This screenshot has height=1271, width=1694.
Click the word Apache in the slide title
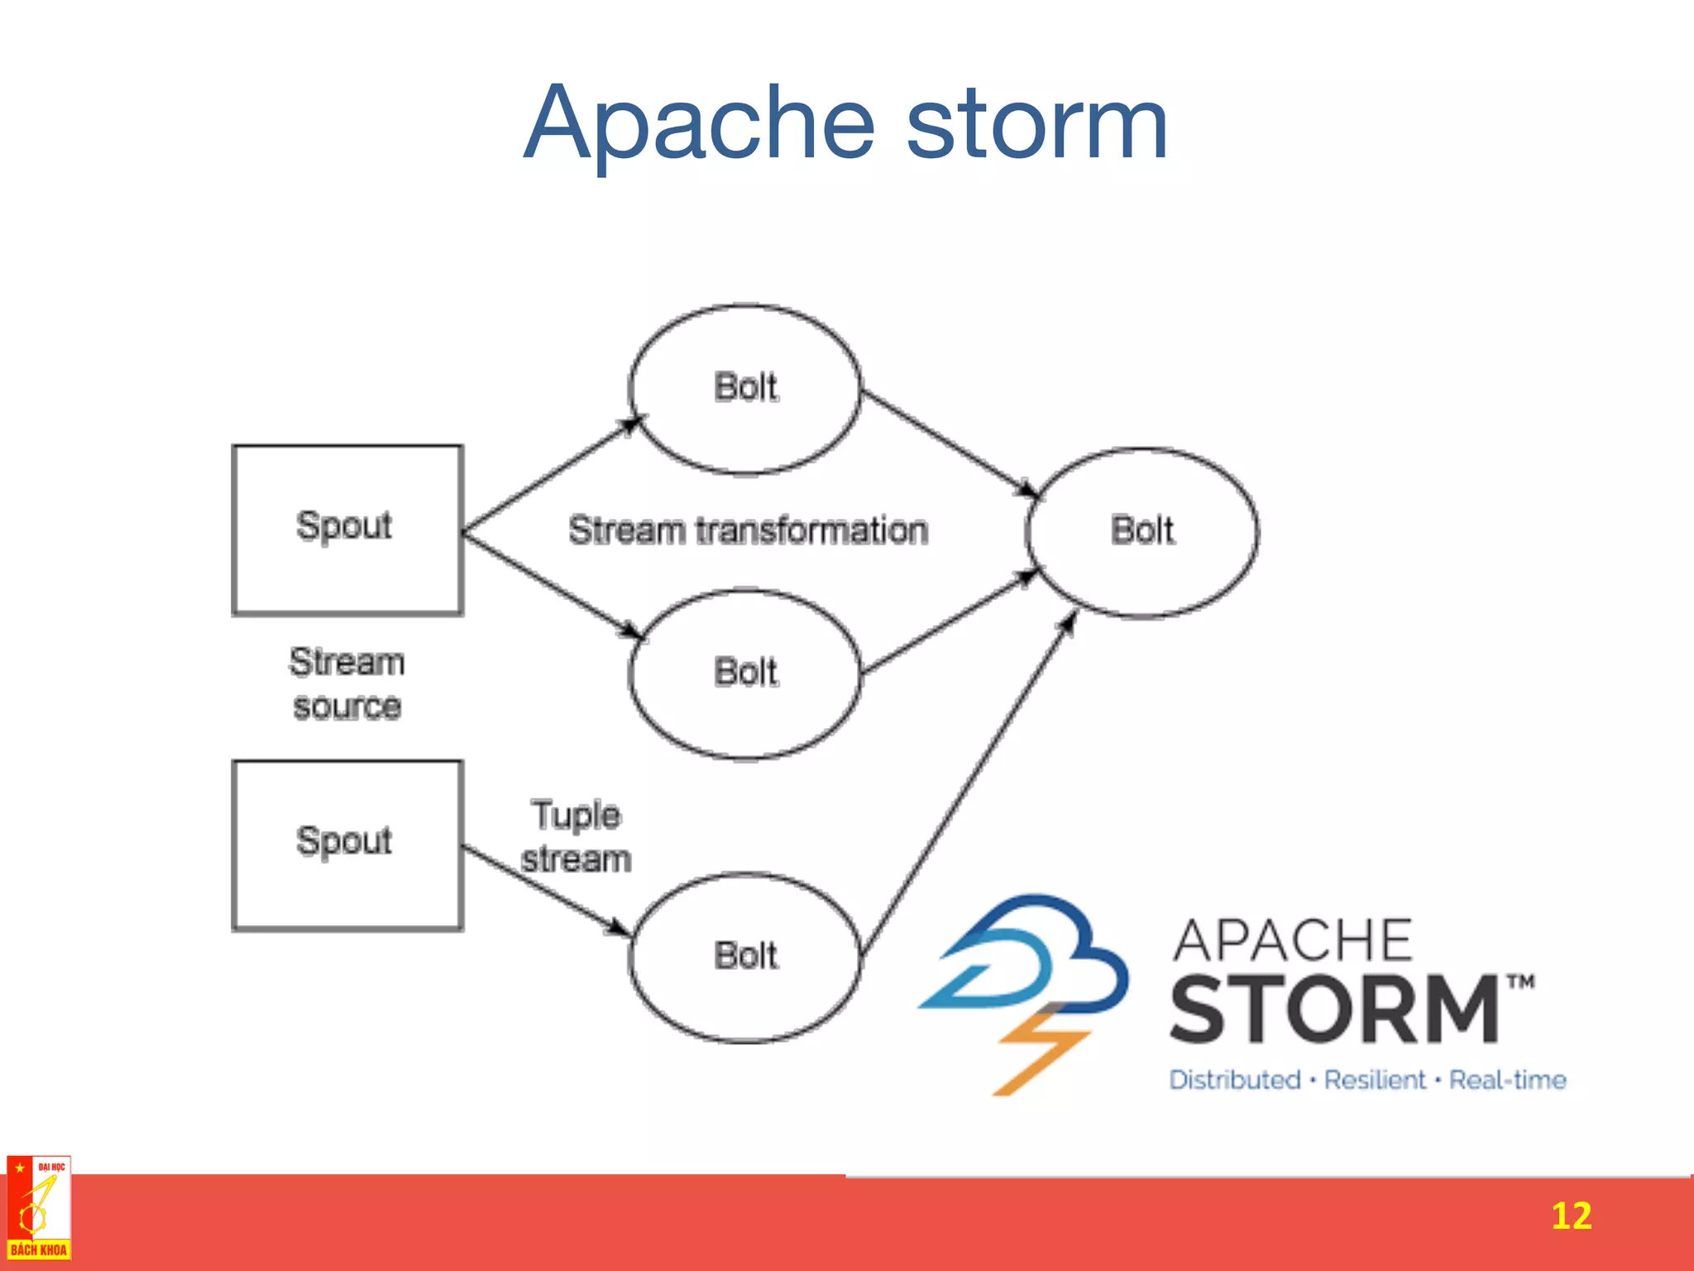(699, 124)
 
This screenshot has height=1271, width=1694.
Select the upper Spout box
(347, 530)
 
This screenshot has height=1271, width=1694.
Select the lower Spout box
(347, 845)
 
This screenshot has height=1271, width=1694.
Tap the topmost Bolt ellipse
(744, 389)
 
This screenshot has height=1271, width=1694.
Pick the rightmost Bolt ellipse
(1142, 532)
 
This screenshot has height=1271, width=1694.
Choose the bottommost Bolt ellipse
(744, 957)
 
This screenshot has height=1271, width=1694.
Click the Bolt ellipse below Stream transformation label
(744, 674)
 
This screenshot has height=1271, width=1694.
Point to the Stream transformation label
(748, 530)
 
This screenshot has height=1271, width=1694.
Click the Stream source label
(347, 683)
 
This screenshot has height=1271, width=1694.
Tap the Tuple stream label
(576, 837)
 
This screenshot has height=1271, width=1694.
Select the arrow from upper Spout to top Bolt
(550, 476)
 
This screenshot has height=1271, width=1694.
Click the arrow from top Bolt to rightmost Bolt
(947, 443)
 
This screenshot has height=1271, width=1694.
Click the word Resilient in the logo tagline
(1375, 1080)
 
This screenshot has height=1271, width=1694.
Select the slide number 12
(1570, 1216)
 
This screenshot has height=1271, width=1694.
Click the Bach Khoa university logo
(38, 1208)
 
